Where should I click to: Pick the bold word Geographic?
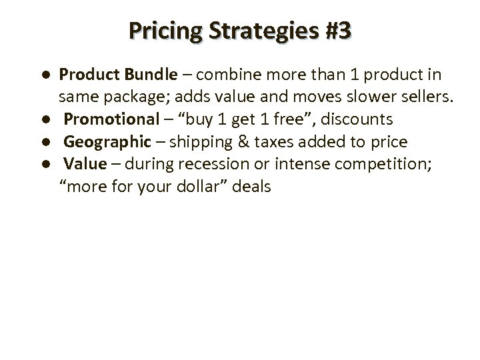pos(109,142)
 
